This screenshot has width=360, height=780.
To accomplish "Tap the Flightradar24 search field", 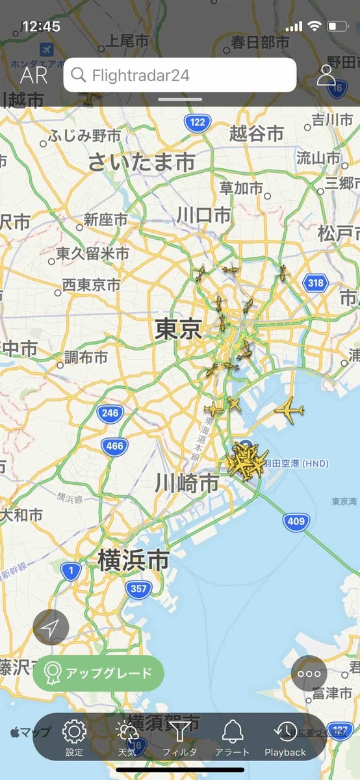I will [179, 75].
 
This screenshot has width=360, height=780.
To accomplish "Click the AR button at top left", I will [34, 75].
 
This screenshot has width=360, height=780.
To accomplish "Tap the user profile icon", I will [326, 75].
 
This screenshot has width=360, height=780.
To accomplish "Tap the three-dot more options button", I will [309, 673].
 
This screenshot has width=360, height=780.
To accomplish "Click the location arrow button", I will [51, 627].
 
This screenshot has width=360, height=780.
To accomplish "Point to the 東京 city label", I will [178, 330].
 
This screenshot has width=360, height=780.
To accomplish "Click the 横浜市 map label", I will [133, 560].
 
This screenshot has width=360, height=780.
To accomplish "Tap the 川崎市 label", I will [186, 483].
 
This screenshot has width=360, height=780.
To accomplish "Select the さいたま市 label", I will [141, 161].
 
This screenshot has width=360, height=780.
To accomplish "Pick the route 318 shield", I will [316, 283].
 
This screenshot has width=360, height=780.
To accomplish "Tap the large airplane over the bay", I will [289, 410].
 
